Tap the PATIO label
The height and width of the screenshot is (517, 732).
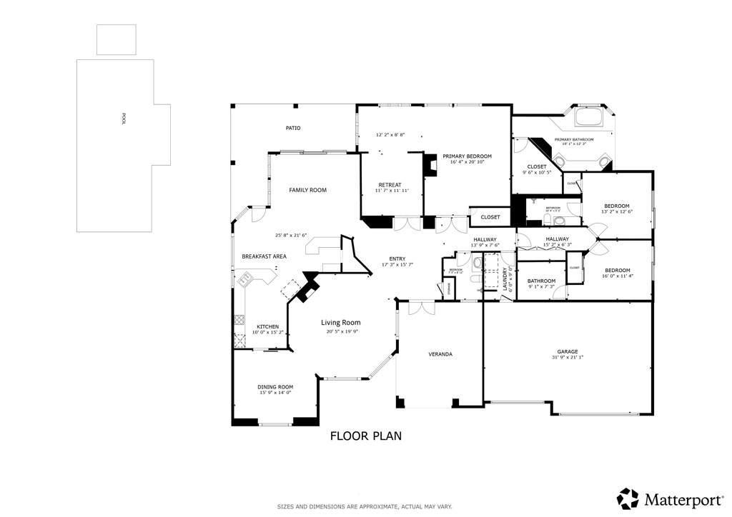(x=293, y=129)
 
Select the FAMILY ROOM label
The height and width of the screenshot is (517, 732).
(x=307, y=190)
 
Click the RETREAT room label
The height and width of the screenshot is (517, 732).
(x=390, y=185)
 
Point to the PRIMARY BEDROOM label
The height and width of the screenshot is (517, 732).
(x=467, y=156)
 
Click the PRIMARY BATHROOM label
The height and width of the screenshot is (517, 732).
(x=574, y=139)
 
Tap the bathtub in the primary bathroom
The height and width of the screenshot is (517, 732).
(x=590, y=117)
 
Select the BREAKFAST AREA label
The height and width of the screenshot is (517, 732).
(x=264, y=256)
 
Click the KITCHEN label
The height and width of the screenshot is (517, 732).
(x=268, y=326)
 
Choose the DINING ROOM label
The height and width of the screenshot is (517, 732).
(x=275, y=387)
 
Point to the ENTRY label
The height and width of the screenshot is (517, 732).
(x=397, y=258)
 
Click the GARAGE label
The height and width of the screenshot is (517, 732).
(x=568, y=351)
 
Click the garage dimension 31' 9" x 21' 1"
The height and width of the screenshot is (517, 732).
(x=568, y=358)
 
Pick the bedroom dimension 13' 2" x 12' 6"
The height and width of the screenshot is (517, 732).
(x=616, y=211)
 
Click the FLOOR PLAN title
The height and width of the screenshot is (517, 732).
(x=366, y=435)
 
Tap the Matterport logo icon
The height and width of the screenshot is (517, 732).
(x=628, y=498)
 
